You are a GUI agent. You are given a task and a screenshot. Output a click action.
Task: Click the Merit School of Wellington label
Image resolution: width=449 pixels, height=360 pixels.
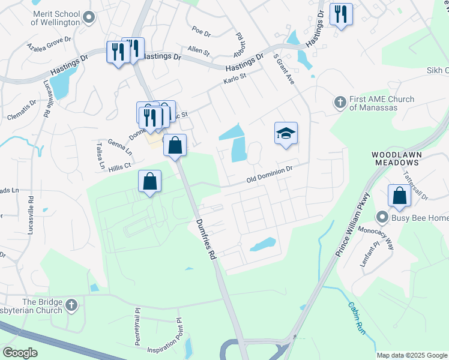46,18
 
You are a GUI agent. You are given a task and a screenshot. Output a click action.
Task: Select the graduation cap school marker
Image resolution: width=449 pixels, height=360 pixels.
286,134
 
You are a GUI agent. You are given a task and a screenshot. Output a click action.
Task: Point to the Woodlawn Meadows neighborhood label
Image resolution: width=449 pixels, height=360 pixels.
396,158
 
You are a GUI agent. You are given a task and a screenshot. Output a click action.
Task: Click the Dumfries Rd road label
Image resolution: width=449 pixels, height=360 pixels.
205,239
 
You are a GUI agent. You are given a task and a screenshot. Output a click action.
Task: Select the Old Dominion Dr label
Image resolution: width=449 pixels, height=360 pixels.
270,175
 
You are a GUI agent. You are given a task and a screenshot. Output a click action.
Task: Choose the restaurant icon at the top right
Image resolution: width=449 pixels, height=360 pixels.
341,14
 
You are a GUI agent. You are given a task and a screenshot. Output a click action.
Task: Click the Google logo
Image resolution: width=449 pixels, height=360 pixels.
20,352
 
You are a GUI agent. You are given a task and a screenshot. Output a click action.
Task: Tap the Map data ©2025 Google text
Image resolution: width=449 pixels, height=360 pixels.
411,355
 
